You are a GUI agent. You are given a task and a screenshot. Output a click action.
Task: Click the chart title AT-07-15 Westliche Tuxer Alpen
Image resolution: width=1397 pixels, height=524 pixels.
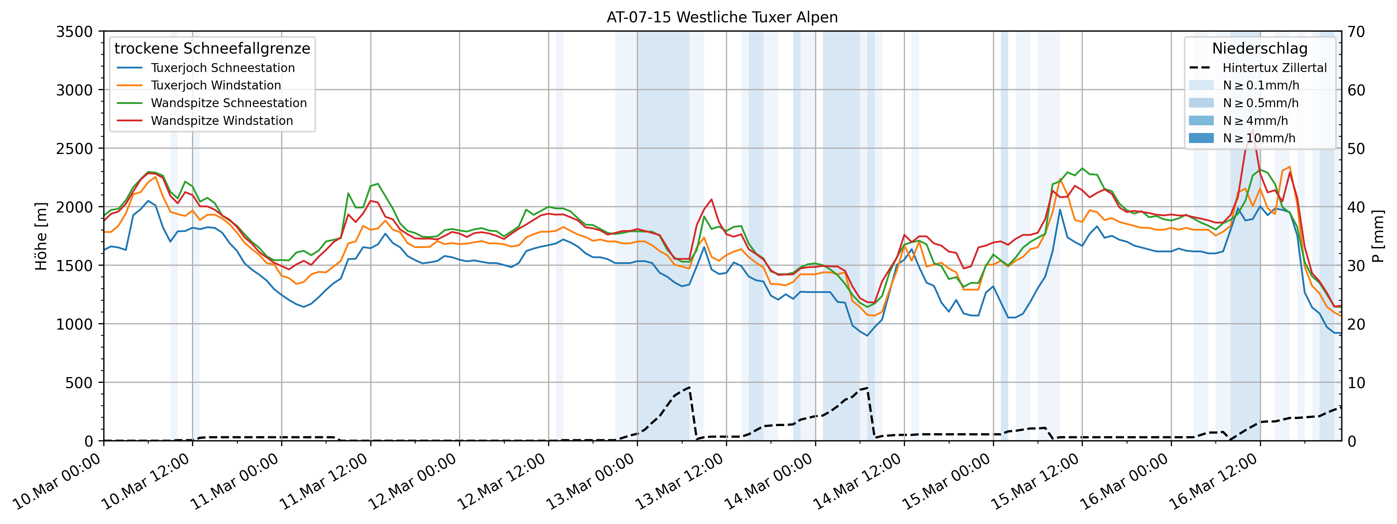point(722,17)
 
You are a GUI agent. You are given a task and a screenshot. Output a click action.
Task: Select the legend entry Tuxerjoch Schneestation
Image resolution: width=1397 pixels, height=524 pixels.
point(222,68)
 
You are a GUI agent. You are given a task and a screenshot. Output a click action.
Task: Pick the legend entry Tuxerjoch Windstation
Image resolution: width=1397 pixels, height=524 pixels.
point(216,85)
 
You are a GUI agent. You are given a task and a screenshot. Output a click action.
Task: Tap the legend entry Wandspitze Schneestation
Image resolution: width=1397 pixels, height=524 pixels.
point(228,103)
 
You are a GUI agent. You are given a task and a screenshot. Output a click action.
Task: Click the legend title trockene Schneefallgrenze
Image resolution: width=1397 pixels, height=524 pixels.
point(212,48)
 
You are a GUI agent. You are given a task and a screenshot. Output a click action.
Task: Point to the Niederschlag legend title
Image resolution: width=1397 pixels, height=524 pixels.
point(1259,48)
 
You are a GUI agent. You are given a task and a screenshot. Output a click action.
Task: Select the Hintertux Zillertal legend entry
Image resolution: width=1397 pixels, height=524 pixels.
point(1274,68)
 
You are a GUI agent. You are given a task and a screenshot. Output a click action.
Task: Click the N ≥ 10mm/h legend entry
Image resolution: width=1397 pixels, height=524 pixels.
point(1259,138)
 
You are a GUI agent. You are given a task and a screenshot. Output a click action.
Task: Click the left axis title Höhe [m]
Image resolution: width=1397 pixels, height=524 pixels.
point(41,236)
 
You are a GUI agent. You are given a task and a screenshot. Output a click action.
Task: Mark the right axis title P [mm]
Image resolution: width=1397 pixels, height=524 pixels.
point(1378,236)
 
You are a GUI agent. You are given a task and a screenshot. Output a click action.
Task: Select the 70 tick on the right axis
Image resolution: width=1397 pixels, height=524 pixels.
point(1356,32)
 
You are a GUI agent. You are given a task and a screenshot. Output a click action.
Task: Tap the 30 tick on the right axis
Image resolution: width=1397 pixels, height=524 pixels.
point(1356,265)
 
